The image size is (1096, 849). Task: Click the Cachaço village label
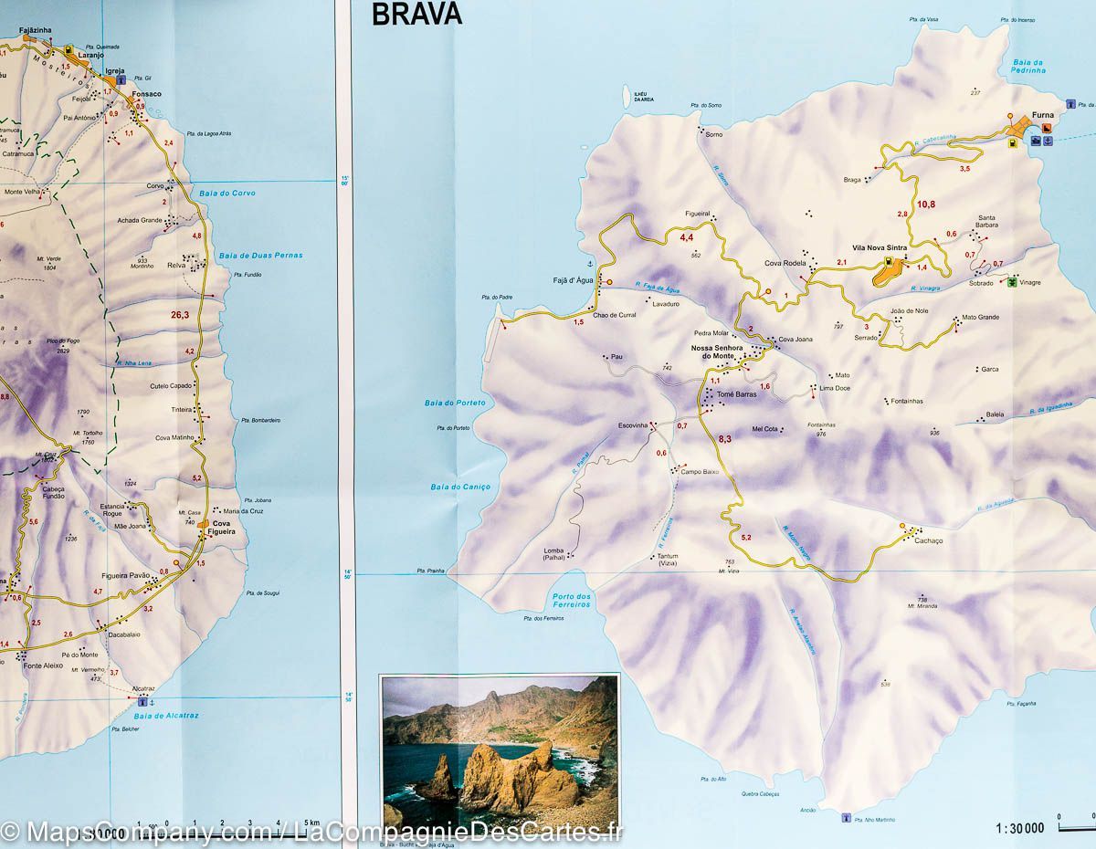pyautogui.click(x=928, y=540)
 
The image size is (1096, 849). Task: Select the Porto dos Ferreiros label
pyautogui.click(x=573, y=602)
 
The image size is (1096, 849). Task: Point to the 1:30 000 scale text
pyautogui.click(x=1018, y=828)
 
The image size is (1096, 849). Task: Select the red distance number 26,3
pyautogui.click(x=180, y=315)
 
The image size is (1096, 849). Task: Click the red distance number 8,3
pyautogui.click(x=725, y=439)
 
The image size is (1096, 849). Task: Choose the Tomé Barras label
pyautogui.click(x=737, y=394)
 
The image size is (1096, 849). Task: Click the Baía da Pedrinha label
pyautogui.click(x=1027, y=66)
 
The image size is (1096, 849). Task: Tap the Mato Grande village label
pyautogui.click(x=980, y=318)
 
